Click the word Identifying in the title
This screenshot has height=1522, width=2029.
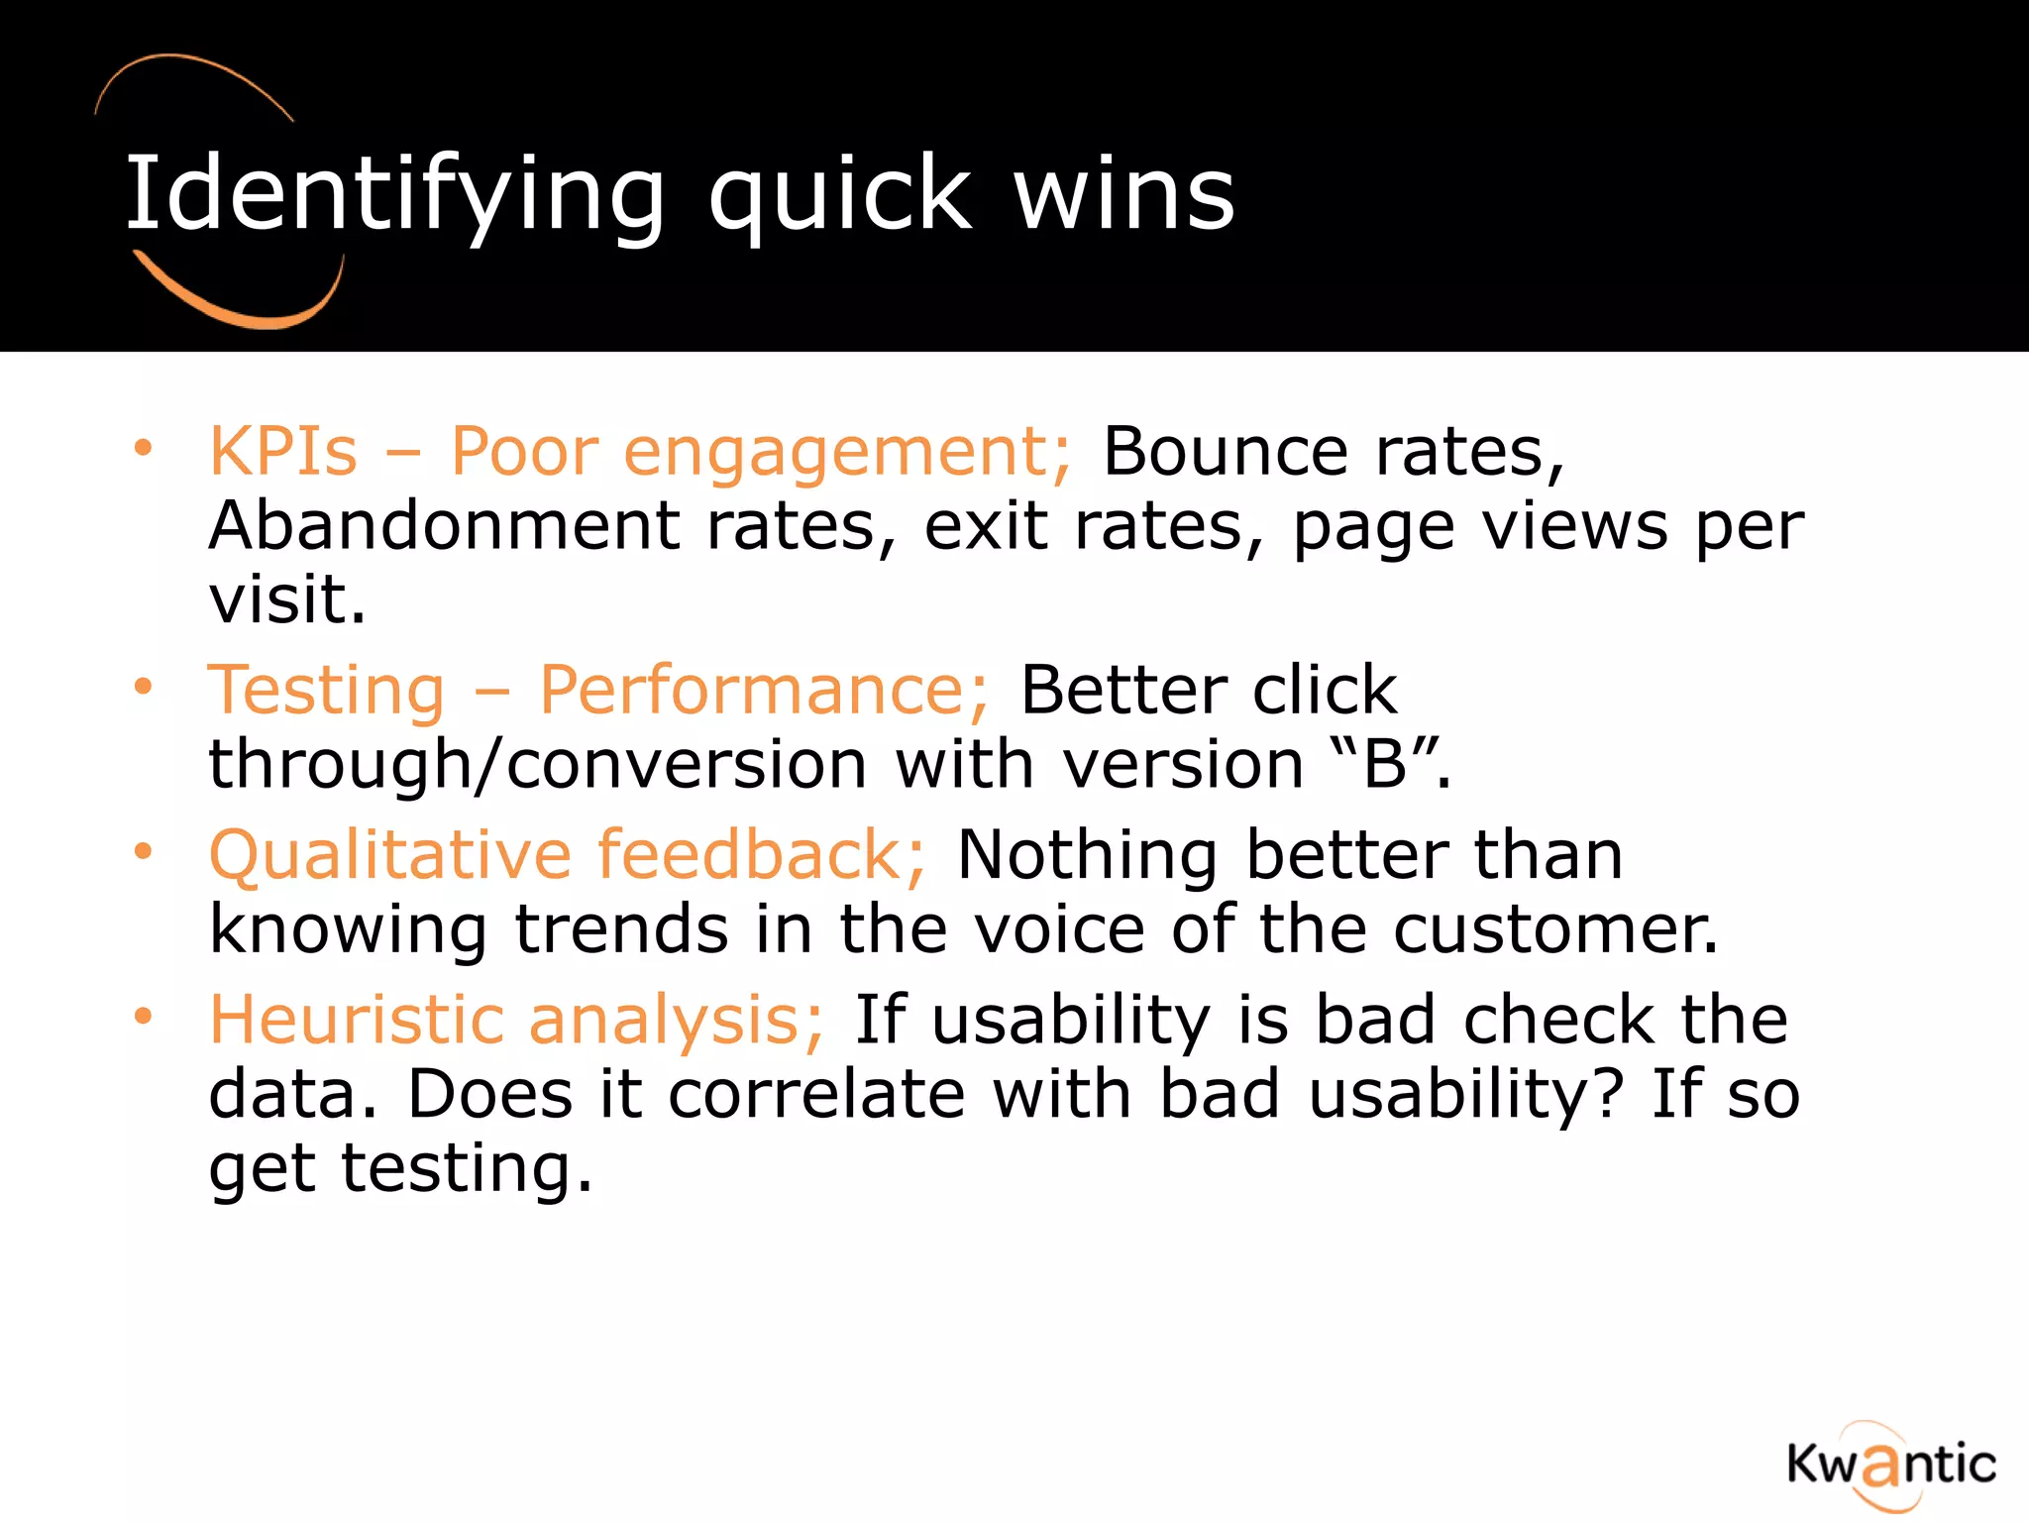pos(394,195)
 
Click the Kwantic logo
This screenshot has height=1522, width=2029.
pos(1890,1465)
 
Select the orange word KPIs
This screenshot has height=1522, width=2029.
pos(282,453)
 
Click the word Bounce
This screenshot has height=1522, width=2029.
pos(1225,453)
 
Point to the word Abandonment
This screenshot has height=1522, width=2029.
pos(444,526)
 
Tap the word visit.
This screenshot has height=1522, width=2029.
pos(286,600)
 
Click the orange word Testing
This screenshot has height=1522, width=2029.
pos(327,690)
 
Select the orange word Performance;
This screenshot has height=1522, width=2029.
pos(763,690)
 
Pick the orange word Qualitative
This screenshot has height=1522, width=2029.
pos(390,855)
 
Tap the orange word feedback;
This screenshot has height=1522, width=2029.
pos(761,855)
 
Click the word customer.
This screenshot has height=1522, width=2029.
pos(1555,929)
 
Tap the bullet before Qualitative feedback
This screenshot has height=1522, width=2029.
pos(144,851)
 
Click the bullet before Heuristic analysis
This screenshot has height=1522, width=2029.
pos(144,1016)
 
